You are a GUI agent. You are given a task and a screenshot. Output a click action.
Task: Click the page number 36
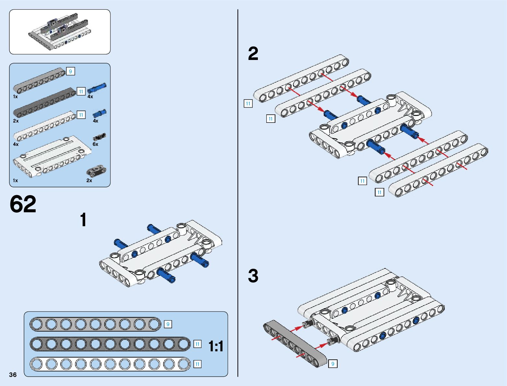[13, 375]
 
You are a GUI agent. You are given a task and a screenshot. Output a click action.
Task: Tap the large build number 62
[23, 204]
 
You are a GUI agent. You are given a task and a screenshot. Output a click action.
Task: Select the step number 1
[83, 220]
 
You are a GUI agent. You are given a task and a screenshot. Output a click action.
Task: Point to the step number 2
[253, 53]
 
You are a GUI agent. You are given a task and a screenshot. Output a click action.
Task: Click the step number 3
[253, 276]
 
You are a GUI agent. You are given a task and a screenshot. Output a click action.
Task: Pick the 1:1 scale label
[216, 346]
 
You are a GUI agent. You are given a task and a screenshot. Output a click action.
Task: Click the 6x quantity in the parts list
[95, 144]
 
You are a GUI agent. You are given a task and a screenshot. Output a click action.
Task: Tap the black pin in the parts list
[99, 137]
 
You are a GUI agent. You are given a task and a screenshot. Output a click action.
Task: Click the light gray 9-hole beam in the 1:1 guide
[95, 324]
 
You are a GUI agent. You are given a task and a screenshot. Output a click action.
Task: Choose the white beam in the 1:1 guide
[110, 364]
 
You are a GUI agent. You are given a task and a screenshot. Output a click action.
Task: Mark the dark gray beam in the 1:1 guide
[110, 344]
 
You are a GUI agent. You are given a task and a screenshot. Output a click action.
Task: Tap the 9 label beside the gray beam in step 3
[333, 364]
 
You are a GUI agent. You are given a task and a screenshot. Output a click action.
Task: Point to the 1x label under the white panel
[15, 181]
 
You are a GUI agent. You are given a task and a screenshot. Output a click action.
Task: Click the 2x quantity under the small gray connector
[89, 181]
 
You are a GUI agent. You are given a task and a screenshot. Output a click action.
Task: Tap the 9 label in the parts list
[70, 71]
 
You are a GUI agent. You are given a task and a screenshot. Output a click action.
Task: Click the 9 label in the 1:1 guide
[168, 324]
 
